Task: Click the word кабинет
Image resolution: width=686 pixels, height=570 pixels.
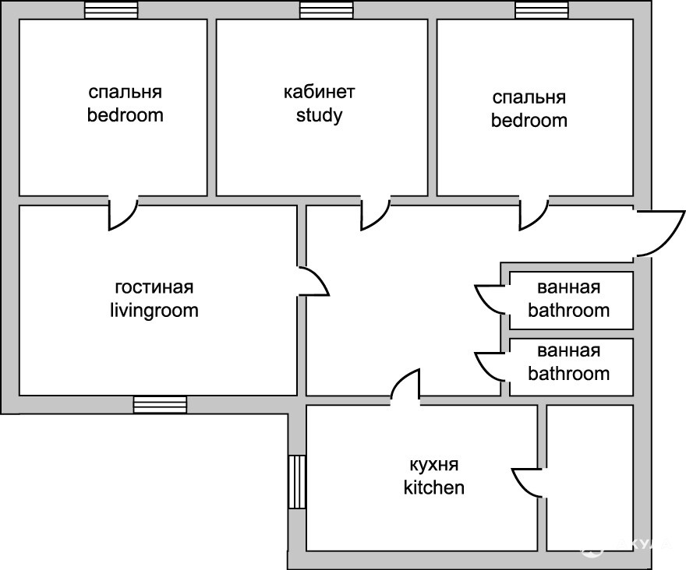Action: pos(319,93)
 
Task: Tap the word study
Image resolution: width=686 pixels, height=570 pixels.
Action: pos(319,117)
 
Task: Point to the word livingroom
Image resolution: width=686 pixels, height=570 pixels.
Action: pos(154,311)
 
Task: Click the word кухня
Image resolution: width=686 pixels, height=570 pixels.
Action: pos(433,465)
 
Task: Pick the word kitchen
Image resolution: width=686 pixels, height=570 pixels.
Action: pos(433,488)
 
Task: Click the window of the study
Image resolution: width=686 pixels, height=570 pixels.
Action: pos(326,10)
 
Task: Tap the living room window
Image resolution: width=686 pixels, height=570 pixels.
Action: pos(160,404)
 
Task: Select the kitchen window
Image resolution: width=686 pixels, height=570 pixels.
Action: pos(297,481)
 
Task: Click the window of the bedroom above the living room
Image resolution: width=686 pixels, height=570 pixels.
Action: pos(111,10)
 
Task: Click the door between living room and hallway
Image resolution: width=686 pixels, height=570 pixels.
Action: pos(313,281)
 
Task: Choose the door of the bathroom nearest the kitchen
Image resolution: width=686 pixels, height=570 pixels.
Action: pos(490,364)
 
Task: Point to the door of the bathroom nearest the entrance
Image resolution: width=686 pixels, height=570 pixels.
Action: pos(490,297)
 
